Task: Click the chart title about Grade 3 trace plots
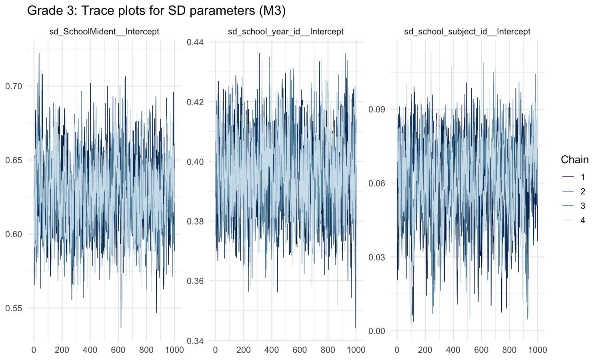[x=156, y=11]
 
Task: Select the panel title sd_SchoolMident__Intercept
[x=107, y=32]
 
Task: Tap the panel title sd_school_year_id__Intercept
[x=286, y=32]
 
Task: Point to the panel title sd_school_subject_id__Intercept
[x=467, y=32]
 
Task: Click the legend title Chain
[x=574, y=160]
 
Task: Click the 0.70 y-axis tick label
[x=14, y=86]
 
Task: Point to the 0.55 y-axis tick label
[x=14, y=308]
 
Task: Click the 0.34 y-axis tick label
[x=196, y=341]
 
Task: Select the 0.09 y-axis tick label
[x=377, y=109]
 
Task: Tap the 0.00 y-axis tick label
[x=377, y=331]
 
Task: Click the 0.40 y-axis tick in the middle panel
[x=196, y=162]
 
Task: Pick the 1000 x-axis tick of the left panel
[x=174, y=350]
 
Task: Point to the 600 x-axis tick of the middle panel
[x=300, y=350]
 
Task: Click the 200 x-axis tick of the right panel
[x=425, y=350]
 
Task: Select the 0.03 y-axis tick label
[x=377, y=257]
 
